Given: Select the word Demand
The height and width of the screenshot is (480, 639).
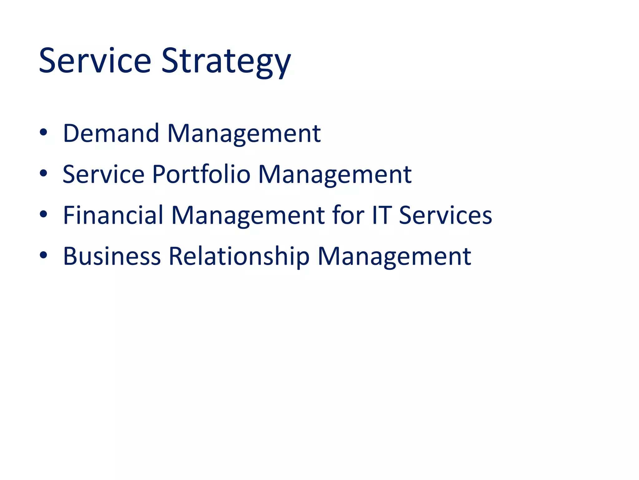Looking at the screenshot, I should pos(111,133).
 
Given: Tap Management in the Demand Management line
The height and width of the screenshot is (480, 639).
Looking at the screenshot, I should pos(244,134).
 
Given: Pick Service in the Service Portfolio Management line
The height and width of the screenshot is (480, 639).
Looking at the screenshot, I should pos(104,174).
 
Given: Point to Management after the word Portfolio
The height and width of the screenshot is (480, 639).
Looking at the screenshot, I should pos(335,175).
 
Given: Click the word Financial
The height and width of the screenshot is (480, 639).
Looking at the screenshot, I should pos(113,215).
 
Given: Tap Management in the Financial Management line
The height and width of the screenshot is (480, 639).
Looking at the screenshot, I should pos(248,216).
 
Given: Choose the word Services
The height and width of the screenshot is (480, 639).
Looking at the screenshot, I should pos(446,216).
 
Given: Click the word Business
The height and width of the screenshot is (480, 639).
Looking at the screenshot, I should pos(112,256).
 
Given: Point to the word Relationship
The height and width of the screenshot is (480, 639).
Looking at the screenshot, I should pos(239,257).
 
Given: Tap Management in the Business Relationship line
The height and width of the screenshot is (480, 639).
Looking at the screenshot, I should pos(394,257).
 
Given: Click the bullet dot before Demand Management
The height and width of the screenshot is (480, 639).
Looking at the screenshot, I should pos(43,132).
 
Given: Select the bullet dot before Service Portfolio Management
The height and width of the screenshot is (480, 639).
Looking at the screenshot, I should pos(43,173).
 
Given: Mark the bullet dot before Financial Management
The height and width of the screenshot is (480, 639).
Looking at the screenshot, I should pos(43,214).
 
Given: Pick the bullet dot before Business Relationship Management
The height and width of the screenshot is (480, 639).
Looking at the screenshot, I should pos(43,255).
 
